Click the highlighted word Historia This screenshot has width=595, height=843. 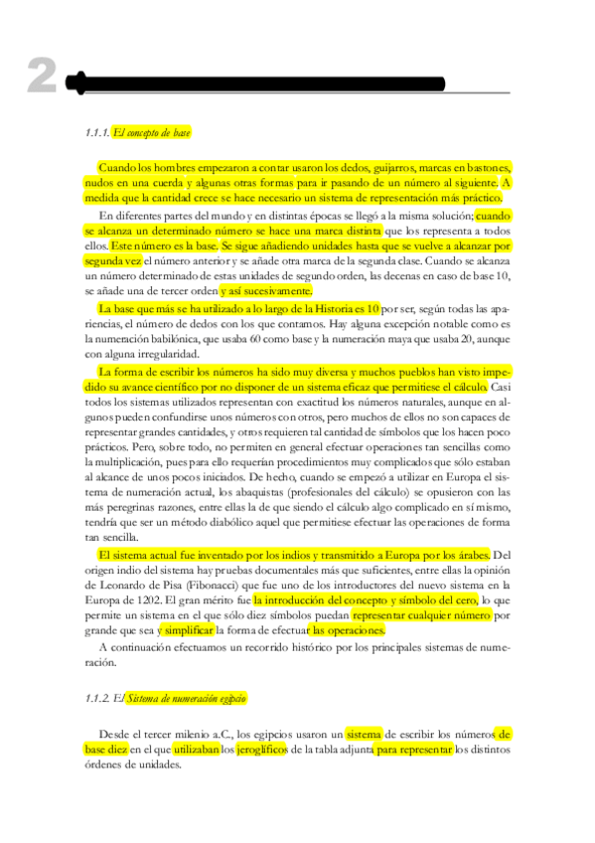(x=311, y=309)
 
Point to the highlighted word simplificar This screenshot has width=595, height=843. (x=188, y=631)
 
